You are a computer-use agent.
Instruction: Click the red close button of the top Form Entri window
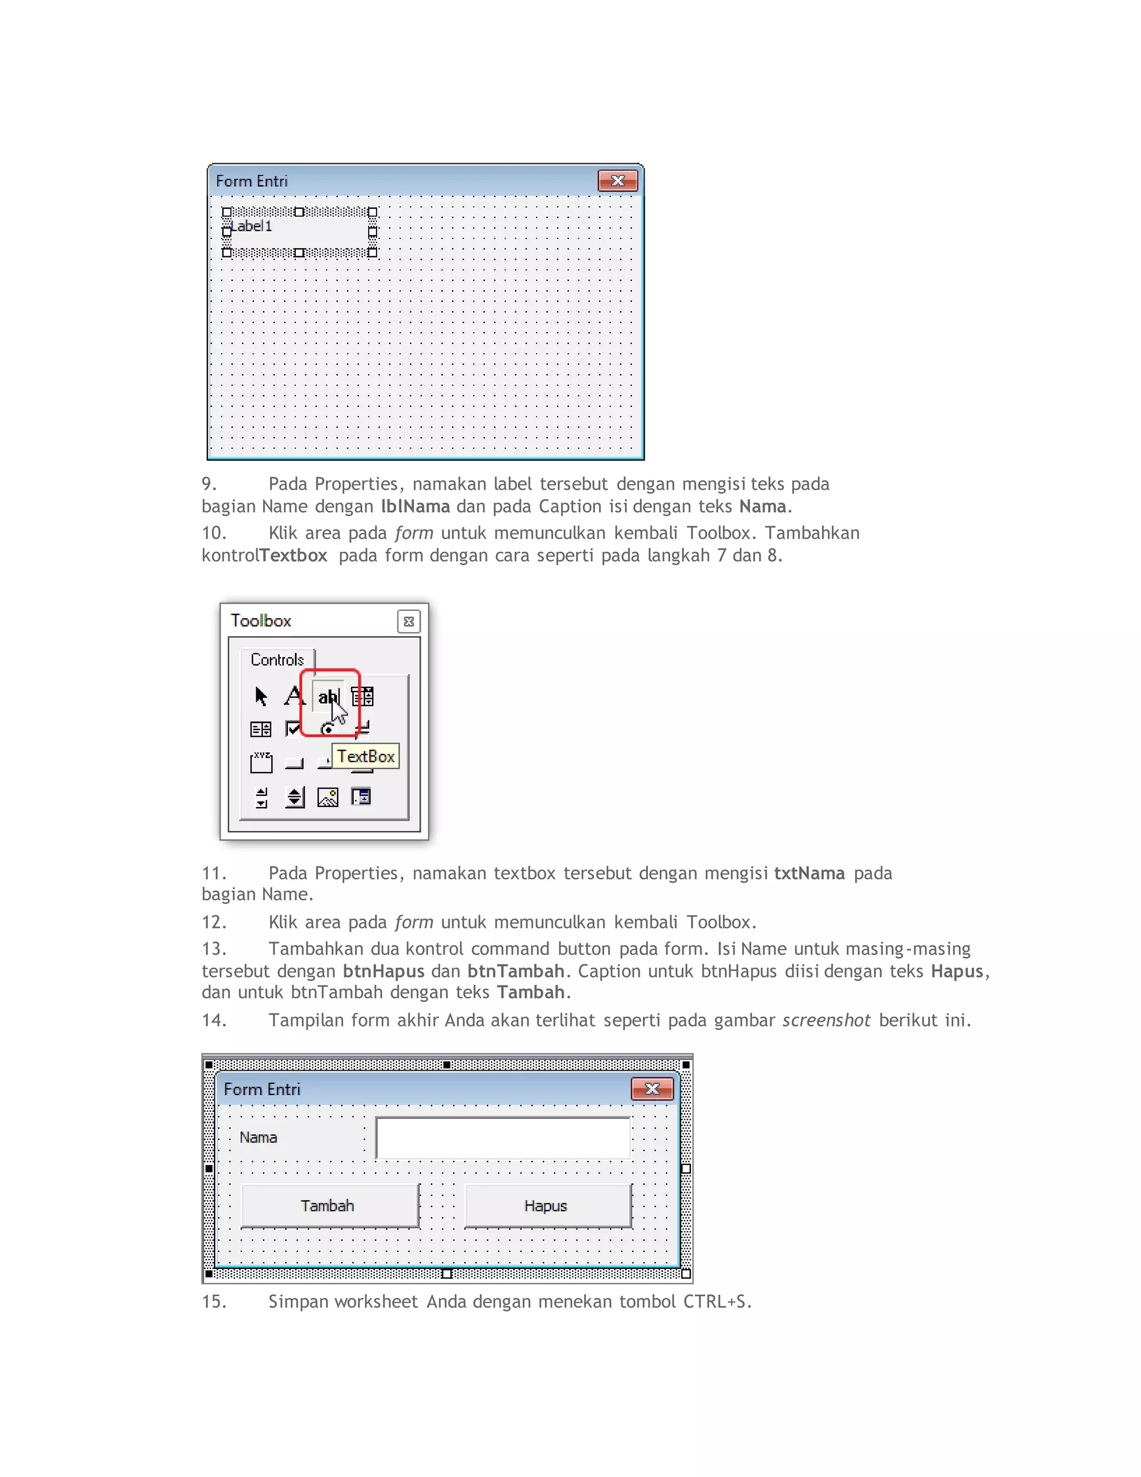(x=618, y=181)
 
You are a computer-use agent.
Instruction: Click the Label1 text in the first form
(x=251, y=226)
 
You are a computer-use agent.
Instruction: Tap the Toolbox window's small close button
(x=409, y=621)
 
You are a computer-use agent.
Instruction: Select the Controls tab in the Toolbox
(x=277, y=659)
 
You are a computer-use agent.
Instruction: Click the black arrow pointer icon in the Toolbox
(x=261, y=696)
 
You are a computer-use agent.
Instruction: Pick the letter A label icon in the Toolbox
(x=294, y=695)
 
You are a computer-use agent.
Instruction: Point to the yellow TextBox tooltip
(x=365, y=756)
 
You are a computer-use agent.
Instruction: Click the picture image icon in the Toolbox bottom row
(x=328, y=798)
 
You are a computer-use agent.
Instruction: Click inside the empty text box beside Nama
(x=503, y=1138)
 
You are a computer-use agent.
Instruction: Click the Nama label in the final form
(x=258, y=1138)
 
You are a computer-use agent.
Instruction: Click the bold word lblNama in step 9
(x=415, y=507)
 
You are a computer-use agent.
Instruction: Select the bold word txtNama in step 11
(x=809, y=873)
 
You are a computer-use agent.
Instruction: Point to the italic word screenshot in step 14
(x=826, y=1020)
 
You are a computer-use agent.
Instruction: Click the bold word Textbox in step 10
(x=294, y=555)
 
